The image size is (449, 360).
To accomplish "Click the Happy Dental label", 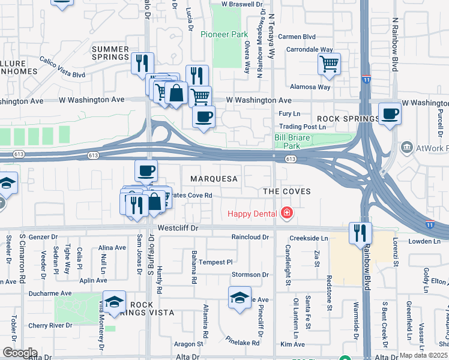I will [252, 214].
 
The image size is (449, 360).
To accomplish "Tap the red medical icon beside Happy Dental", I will [287, 213].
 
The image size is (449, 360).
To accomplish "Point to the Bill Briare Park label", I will [287, 142].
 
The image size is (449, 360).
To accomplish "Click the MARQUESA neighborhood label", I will [214, 179].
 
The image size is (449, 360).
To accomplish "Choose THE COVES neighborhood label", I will [286, 191].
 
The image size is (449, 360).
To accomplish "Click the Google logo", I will [19, 353].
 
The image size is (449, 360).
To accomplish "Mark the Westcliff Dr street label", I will [178, 229].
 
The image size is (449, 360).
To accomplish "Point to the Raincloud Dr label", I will [250, 237].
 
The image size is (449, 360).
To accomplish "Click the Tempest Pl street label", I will [215, 262].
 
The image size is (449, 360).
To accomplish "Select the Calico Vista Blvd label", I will [62, 67].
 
